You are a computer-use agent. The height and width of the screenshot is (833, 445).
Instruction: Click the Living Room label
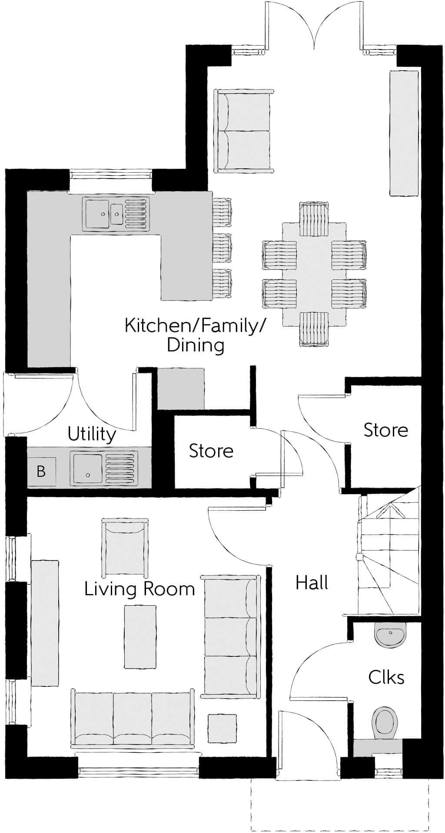139,589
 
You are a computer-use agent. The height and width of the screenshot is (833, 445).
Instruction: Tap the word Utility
92,434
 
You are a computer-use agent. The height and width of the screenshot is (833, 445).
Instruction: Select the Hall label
312,582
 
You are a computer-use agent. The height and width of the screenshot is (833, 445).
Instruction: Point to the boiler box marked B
41,471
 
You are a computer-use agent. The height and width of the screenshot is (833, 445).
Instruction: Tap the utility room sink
105,469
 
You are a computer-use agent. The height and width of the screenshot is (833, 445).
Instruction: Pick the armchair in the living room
125,547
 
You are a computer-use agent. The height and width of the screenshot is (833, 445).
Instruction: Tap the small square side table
222,728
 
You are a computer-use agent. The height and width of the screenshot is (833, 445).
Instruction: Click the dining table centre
314,274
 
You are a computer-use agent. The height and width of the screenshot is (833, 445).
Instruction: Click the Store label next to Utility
211,451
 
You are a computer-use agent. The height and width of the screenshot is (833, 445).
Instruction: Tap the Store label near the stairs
385,430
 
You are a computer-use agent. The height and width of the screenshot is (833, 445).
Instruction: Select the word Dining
196,345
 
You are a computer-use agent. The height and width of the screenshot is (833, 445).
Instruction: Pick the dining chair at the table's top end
314,219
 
